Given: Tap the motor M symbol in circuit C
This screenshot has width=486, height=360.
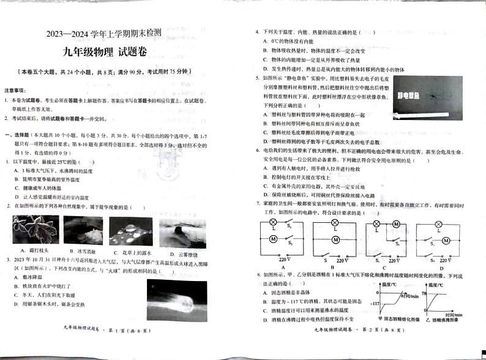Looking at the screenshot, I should pyautogui.click(x=396, y=224).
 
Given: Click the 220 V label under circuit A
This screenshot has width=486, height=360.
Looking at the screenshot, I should pyautogui.click(x=284, y=260).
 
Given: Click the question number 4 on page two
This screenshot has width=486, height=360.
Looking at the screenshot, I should pyautogui.click(x=257, y=32).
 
